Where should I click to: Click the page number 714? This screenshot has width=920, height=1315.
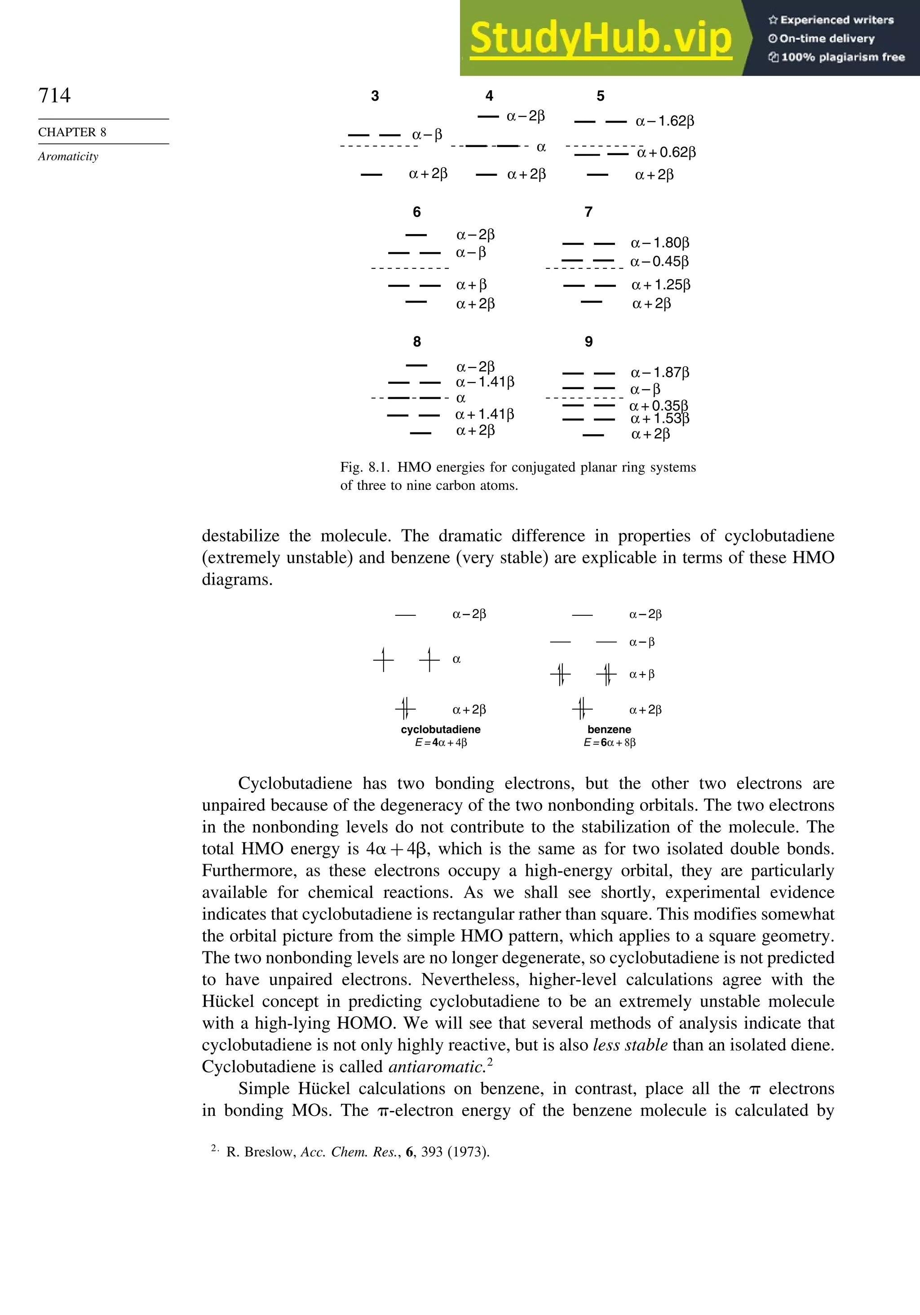54,95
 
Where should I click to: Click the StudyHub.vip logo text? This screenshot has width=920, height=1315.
601,38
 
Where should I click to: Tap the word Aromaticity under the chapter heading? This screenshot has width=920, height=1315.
68,156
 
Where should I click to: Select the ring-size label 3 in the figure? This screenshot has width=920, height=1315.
375,96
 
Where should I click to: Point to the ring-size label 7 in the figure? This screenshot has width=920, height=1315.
588,212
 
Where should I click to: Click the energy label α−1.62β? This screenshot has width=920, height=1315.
665,121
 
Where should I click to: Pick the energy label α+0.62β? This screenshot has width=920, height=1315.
666,152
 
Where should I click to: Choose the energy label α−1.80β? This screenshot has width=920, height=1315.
660,243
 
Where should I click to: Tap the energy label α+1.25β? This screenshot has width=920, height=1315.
661,284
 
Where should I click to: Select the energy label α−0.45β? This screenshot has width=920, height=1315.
659,262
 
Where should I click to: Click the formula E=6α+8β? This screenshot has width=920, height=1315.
609,743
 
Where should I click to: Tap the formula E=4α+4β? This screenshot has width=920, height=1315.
441,743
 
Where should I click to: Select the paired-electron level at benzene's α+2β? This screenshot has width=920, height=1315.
582,709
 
